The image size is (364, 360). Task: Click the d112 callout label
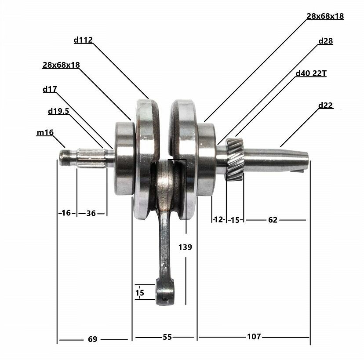(x=83, y=40)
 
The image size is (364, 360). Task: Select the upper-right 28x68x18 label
(x=325, y=16)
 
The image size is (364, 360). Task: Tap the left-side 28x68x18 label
(x=61, y=65)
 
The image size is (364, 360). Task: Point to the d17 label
(x=50, y=89)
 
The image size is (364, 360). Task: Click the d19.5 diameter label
(x=58, y=111)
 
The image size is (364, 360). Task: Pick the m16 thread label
(x=45, y=132)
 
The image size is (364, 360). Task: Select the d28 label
(x=325, y=41)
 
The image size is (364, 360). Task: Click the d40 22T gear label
(x=311, y=73)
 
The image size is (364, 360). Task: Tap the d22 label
(x=325, y=105)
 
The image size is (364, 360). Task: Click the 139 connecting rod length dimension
(x=185, y=247)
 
